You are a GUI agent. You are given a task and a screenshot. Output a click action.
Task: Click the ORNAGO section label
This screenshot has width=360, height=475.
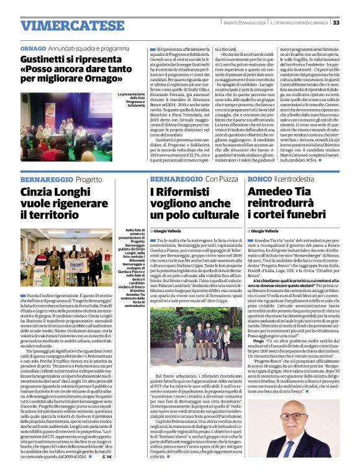[x=33, y=48]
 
